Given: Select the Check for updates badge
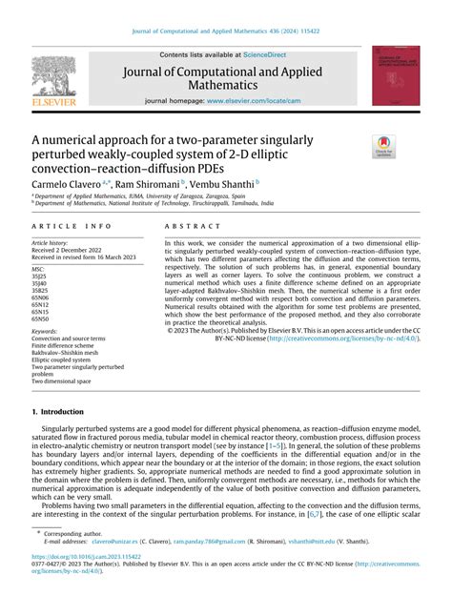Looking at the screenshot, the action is coord(385,147).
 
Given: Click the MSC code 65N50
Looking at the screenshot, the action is coord(41,318).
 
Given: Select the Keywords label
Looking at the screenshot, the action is coord(45,331).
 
